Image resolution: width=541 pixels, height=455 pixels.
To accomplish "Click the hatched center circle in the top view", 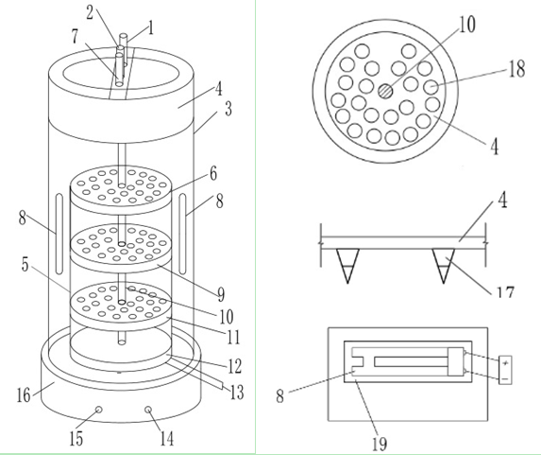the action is (x=385, y=92).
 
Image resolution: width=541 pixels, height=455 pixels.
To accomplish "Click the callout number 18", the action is (x=516, y=68).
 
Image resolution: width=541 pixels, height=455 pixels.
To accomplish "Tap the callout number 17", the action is (x=505, y=292).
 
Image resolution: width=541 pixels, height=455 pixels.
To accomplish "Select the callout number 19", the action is (x=380, y=444).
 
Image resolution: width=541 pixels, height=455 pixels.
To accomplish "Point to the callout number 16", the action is (x=24, y=395).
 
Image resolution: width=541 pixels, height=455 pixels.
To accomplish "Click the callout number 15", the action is (x=76, y=439).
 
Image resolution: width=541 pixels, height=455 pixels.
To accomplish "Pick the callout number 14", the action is (x=167, y=439).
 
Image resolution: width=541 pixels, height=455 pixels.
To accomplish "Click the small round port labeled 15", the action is (x=99, y=410).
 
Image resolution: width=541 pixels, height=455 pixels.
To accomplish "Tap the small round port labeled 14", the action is (x=148, y=410).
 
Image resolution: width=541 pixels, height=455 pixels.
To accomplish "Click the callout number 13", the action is (x=237, y=393).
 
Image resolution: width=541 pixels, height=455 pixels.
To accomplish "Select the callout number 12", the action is (x=234, y=366).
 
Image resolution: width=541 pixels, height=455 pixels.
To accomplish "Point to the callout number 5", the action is (x=25, y=265).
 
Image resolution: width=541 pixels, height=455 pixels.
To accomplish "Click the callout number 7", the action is (x=75, y=36).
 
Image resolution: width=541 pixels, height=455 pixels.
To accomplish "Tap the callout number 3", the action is (x=228, y=109).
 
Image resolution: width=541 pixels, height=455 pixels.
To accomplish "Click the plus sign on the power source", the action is (x=505, y=363).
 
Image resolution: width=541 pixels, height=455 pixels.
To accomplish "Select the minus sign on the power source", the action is (x=505, y=379).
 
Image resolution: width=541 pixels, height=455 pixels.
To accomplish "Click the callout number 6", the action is (x=213, y=173).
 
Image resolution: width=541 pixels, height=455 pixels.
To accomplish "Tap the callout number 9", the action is (x=221, y=294).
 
